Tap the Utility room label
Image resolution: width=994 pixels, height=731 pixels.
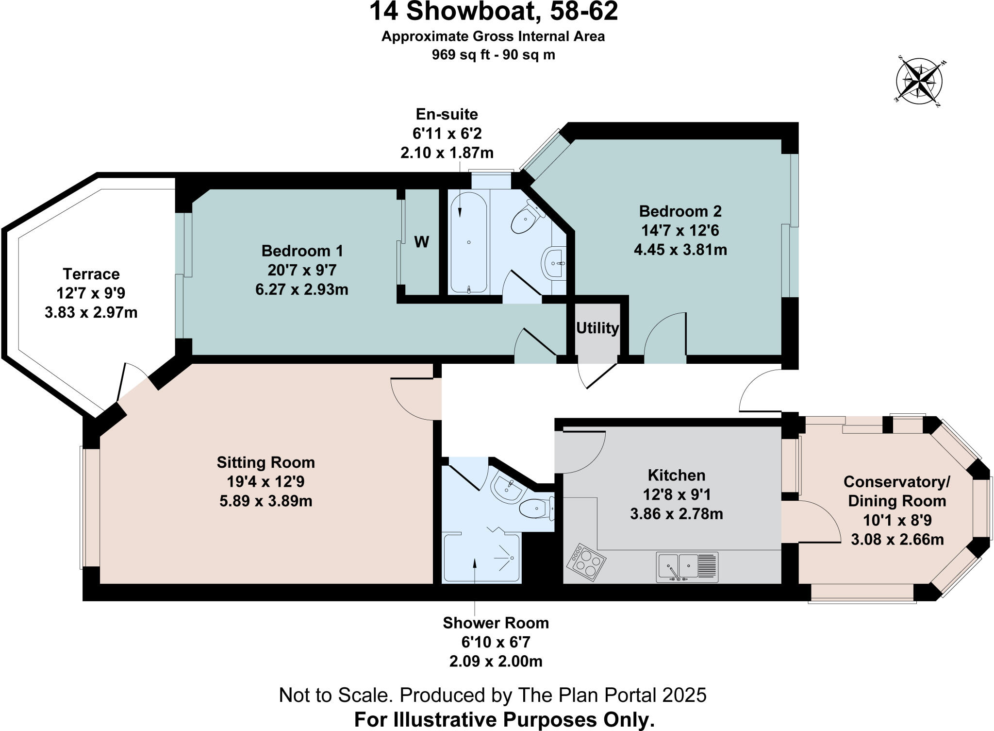597,328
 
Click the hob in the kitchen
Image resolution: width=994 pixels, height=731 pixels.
586,562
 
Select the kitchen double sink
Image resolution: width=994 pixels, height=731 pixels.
687,567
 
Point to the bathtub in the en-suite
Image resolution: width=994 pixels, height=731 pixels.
468,243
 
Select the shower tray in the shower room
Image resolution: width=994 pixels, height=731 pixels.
480,559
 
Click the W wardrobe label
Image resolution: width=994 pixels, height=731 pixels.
421,241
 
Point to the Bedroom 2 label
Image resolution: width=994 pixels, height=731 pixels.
680,211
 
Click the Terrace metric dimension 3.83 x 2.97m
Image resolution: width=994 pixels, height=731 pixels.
91,312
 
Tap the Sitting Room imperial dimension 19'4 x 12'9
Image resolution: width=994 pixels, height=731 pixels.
265,481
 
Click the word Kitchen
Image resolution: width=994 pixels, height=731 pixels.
676,475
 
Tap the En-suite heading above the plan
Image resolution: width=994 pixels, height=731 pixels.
447,114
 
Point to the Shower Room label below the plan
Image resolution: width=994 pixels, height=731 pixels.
496,623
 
